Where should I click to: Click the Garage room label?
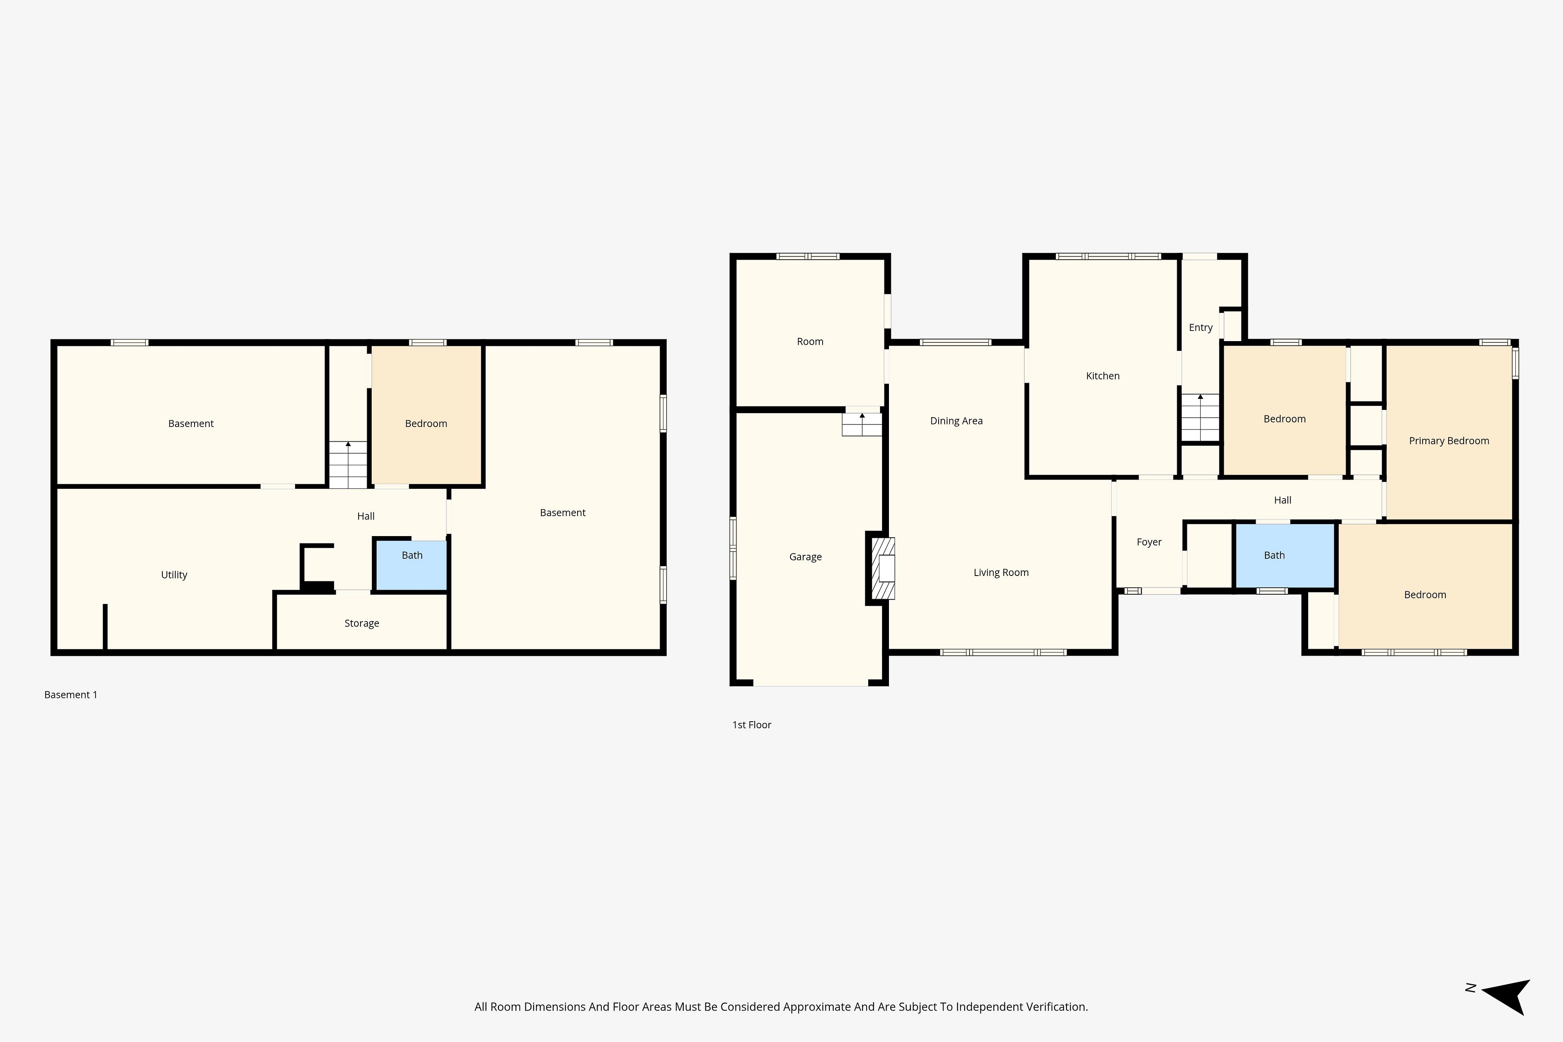point(806,557)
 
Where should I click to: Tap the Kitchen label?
point(1103,376)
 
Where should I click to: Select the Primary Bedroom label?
point(1449,440)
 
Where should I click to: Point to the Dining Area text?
point(956,420)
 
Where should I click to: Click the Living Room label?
point(1001,572)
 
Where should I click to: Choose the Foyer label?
point(1149,542)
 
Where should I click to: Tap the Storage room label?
point(361,623)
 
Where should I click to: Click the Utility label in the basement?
point(174,575)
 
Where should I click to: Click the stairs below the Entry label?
point(1200,417)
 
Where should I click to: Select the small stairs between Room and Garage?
point(862,425)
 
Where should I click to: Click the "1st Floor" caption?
point(752,725)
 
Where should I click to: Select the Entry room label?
point(1201,328)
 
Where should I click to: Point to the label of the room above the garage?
point(810,341)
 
